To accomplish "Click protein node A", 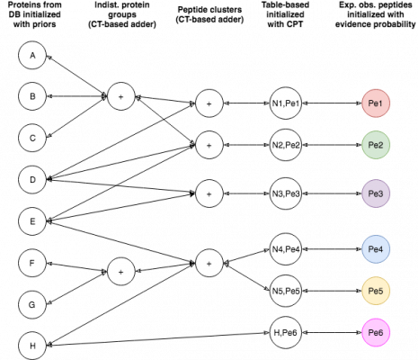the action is [32, 55].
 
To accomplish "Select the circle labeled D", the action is [32, 180].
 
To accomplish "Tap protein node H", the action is [32, 346].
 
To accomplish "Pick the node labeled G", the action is [31, 304].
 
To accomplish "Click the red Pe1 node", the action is [376, 103].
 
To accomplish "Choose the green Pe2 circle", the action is [376, 145].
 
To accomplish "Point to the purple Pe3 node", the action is [376, 193].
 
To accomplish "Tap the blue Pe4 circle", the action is [376, 249].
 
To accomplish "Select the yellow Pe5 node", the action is [376, 291].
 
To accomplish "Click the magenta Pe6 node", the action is [376, 332].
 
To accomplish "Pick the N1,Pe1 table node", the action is [286, 103].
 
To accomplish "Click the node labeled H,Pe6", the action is [286, 332].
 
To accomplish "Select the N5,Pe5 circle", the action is [286, 291].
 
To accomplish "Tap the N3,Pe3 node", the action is [286, 193].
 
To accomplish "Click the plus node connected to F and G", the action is [121, 272].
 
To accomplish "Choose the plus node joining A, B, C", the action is [121, 96].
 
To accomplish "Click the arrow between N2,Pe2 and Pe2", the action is [332, 145].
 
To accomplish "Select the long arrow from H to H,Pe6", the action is [158, 339].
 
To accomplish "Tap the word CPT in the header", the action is [294, 24].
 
